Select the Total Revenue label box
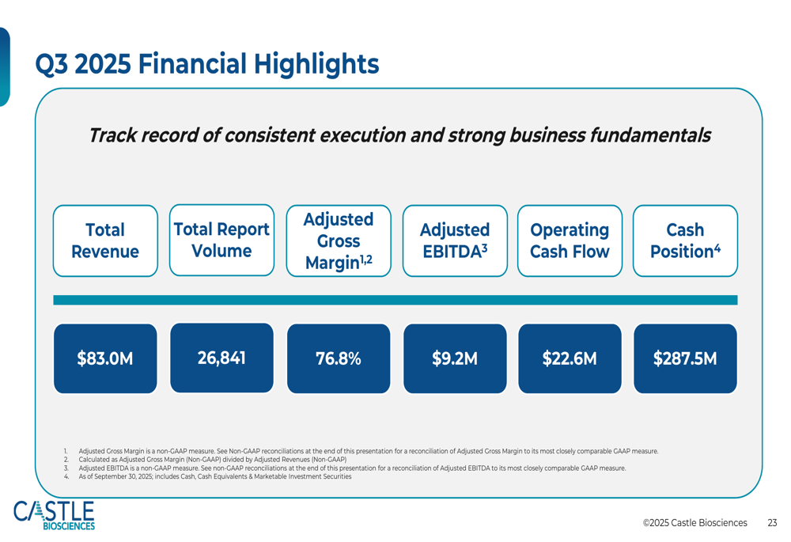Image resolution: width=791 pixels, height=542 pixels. (x=105, y=241)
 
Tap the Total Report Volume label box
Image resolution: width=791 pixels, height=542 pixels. (x=221, y=240)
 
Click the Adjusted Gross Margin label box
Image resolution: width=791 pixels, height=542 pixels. (x=339, y=241)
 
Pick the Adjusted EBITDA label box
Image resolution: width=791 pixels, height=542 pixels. (x=455, y=241)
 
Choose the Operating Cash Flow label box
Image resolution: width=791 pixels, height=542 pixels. (x=570, y=241)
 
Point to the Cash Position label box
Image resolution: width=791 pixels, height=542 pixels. (x=685, y=241)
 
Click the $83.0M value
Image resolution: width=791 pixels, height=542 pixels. (x=105, y=358)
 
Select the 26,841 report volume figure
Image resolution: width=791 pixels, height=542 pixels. (x=221, y=358)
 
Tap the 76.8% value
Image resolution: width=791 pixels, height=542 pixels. (x=339, y=358)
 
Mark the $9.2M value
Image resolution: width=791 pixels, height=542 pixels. (x=455, y=358)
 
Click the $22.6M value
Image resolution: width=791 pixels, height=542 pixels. (x=570, y=358)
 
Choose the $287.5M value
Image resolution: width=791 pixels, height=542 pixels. (x=685, y=358)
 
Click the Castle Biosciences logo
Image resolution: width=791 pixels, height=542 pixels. (x=54, y=515)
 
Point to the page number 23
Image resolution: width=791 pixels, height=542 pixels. (x=772, y=523)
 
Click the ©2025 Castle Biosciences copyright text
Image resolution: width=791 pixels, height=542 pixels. (x=694, y=523)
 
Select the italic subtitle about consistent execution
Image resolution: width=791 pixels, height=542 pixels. (x=399, y=135)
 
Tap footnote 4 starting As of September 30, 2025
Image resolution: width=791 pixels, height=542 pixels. (x=214, y=477)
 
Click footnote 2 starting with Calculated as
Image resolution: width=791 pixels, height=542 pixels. (x=212, y=460)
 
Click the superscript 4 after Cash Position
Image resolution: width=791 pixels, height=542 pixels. (x=717, y=248)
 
